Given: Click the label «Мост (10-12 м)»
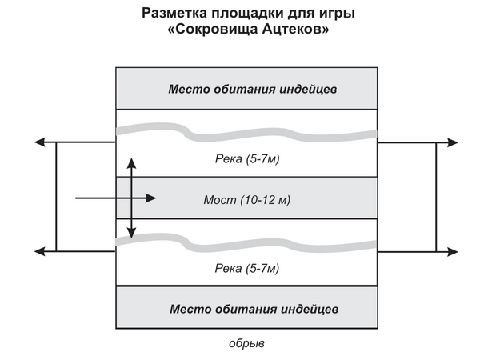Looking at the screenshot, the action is [246, 200].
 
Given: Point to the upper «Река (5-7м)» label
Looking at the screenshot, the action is [247, 158].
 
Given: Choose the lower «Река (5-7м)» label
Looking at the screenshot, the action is [247, 269].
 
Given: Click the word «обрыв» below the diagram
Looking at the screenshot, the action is [246, 343].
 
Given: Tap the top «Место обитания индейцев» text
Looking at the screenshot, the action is [253, 89].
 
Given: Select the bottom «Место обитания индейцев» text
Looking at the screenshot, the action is [254, 309].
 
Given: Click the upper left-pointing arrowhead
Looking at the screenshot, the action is [39, 142].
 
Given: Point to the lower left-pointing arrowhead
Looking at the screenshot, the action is [39, 252].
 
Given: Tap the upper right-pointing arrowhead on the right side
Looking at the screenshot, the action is [453, 142].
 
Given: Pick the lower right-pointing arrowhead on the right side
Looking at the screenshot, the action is [453, 252].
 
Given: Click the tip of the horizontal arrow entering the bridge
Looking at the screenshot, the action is [157, 198].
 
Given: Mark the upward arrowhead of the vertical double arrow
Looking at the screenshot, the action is [132, 163].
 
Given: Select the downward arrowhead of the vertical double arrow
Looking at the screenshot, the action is [132, 234].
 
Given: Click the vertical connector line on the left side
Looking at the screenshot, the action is [56, 197].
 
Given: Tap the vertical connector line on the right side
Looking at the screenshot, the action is [436, 197].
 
